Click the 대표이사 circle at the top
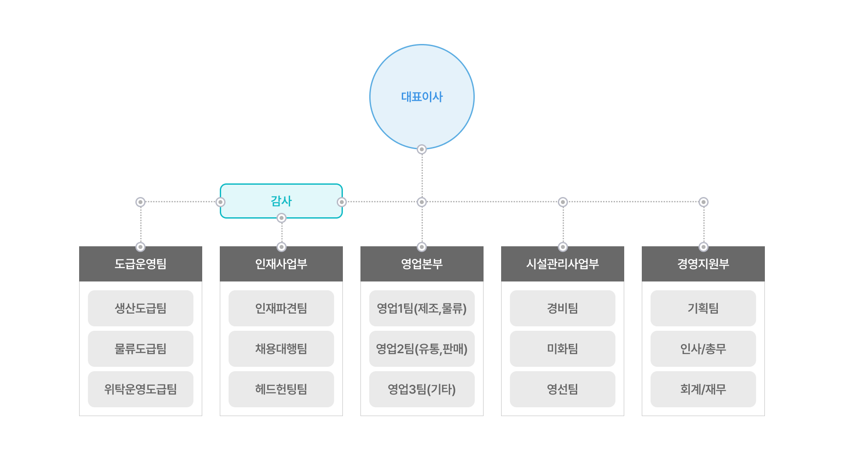click(422, 97)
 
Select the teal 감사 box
click(281, 201)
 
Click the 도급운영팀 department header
click(141, 264)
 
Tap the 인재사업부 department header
click(281, 264)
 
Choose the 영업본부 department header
click(422, 264)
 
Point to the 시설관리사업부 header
click(563, 264)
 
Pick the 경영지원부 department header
click(703, 264)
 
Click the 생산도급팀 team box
click(141, 308)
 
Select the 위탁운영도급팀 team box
click(141, 389)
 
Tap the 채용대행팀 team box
click(281, 349)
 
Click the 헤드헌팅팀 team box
click(281, 389)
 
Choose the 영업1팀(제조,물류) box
click(422, 308)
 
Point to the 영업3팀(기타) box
click(422, 389)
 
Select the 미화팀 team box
click(563, 349)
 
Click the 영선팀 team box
click(563, 389)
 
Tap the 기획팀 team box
click(703, 308)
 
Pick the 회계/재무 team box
click(703, 389)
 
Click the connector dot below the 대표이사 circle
click(422, 150)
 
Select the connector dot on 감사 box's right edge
click(342, 202)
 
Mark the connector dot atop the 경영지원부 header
click(703, 247)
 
